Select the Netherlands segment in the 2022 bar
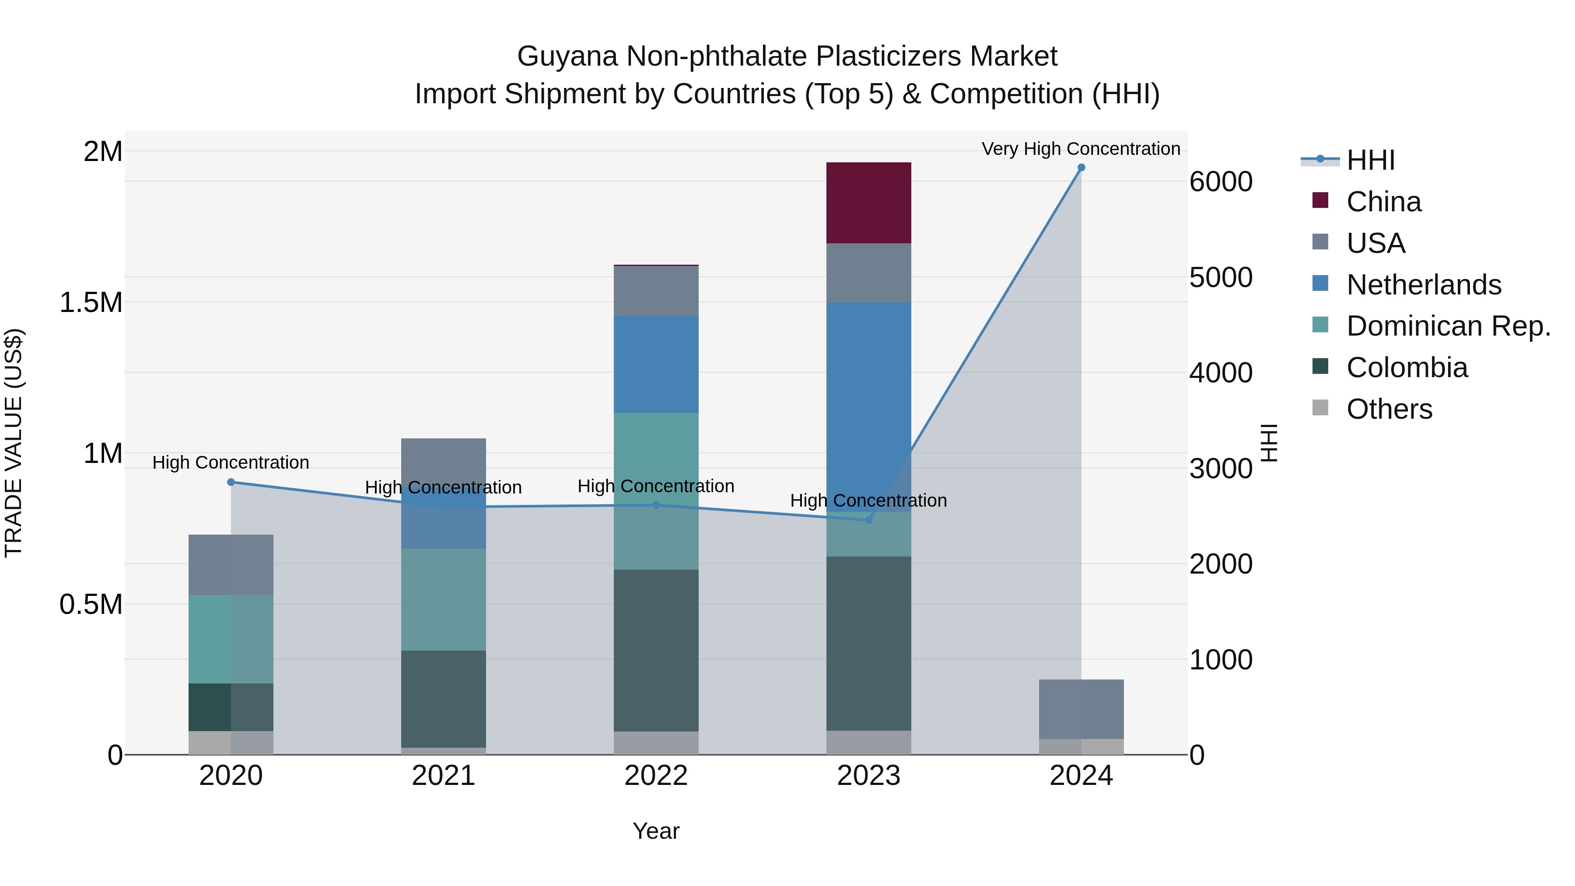(x=656, y=364)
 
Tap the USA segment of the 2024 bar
(x=1081, y=709)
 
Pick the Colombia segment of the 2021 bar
(x=443, y=698)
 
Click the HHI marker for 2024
(x=1081, y=168)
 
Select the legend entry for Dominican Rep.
(x=1448, y=326)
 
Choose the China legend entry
(x=1383, y=202)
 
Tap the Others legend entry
(x=1389, y=409)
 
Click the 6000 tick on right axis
(x=1220, y=182)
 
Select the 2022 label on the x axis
(x=656, y=776)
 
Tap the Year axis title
(x=656, y=831)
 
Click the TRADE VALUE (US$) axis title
(x=14, y=443)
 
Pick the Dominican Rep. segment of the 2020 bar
(x=231, y=639)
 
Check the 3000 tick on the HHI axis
(x=1220, y=469)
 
